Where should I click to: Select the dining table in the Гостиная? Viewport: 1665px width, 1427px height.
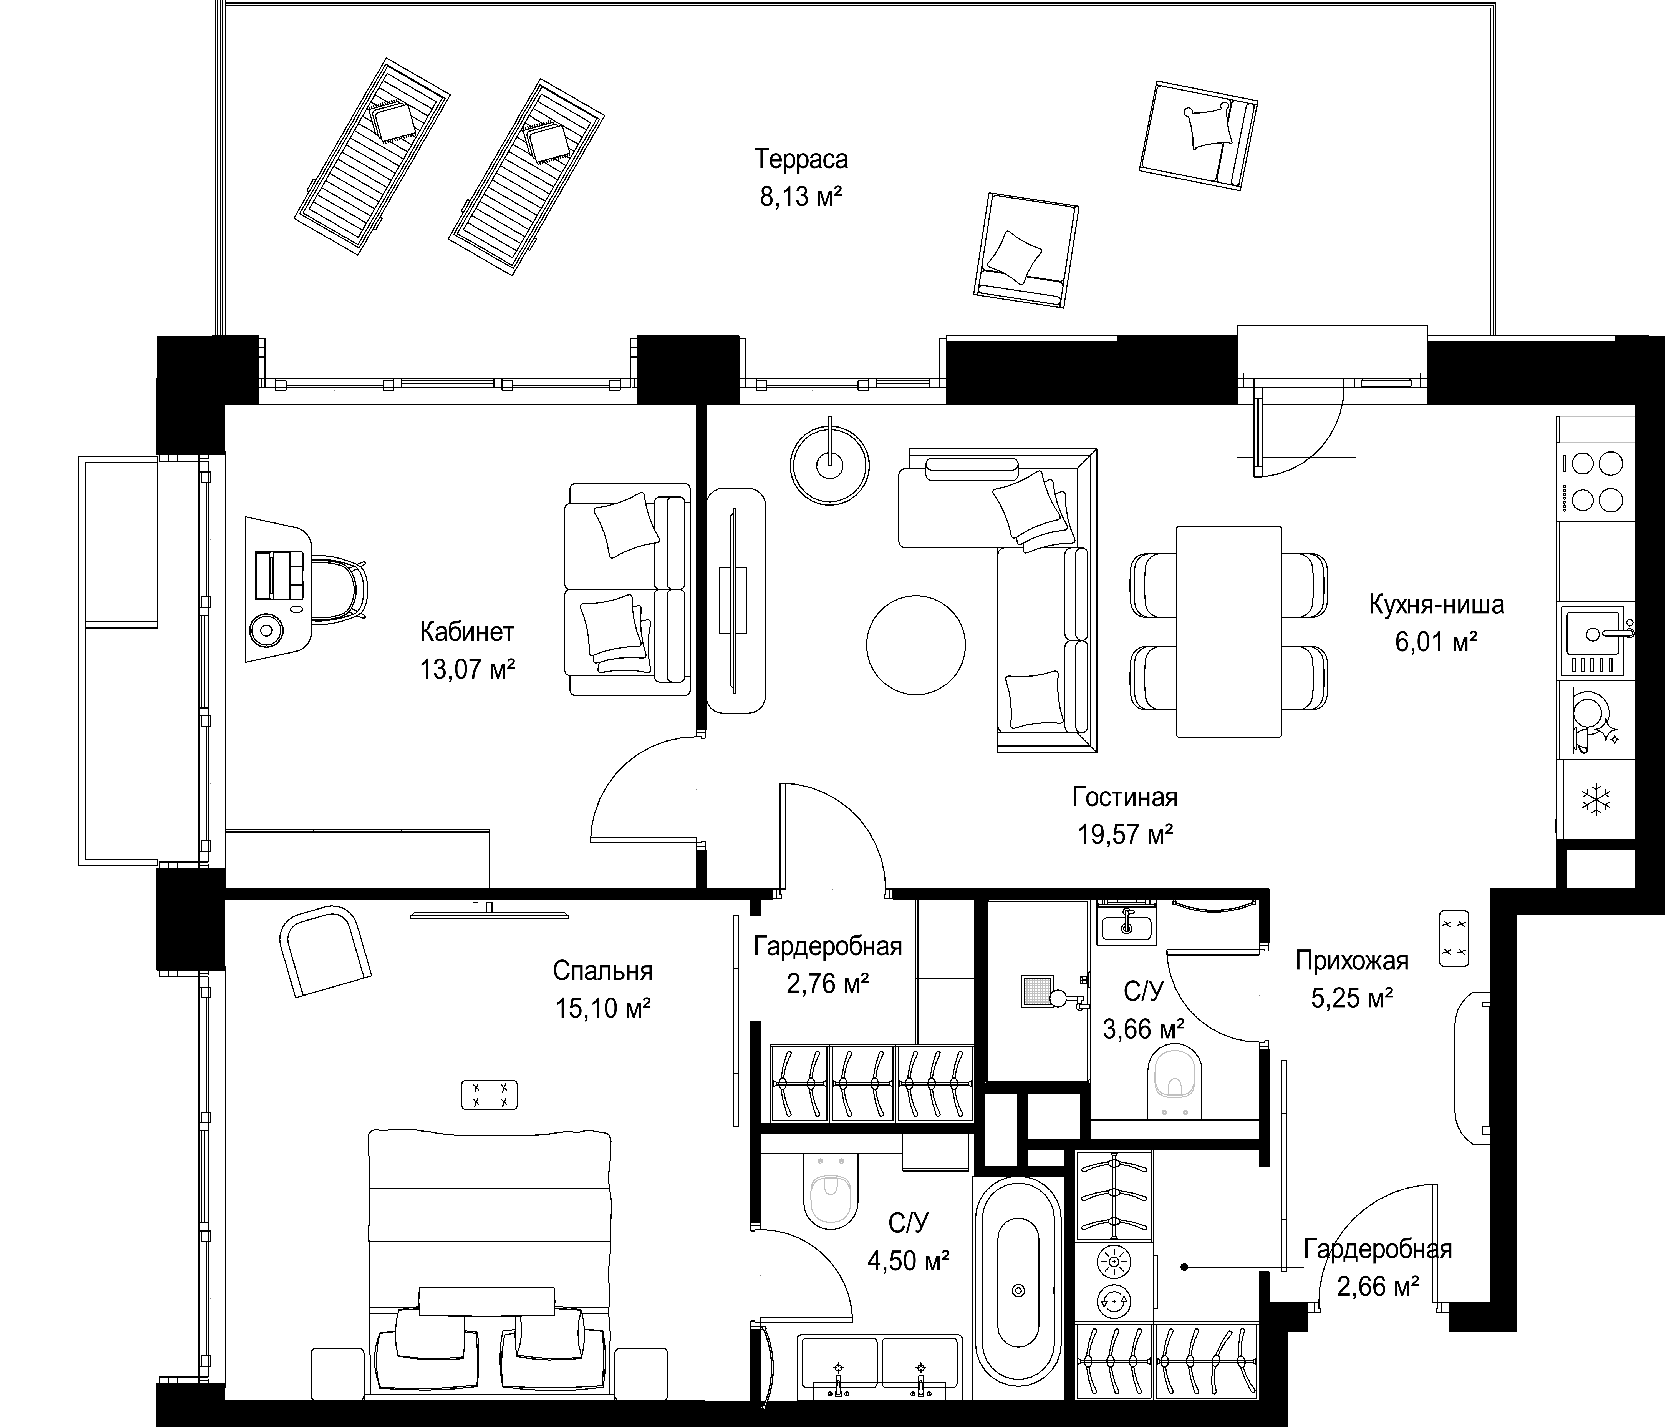pyautogui.click(x=1229, y=631)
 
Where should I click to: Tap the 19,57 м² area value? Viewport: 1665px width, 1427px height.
pyautogui.click(x=1125, y=835)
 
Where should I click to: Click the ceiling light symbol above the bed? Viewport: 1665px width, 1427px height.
pyautogui.click(x=489, y=1095)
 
